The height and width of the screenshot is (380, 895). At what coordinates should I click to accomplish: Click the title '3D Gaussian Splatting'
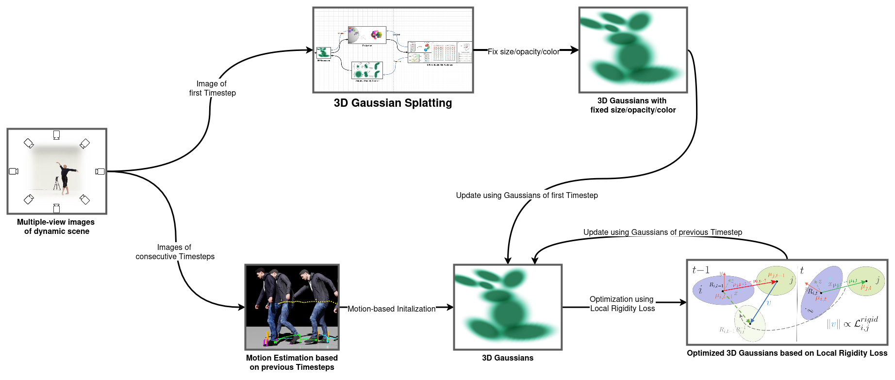pos(393,103)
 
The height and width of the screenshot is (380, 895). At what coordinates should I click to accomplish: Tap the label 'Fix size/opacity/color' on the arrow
pos(523,51)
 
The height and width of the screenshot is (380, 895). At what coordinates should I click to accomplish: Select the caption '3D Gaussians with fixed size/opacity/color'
pos(632,105)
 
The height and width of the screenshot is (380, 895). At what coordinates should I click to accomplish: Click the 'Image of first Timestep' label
pos(212,88)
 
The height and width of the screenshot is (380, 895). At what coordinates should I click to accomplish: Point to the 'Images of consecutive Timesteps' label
pos(175,252)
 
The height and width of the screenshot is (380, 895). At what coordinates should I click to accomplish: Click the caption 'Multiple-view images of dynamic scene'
pos(56,227)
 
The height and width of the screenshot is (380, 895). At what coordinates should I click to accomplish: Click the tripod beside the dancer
pos(57,184)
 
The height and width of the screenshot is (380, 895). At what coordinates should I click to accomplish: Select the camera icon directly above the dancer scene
pos(56,135)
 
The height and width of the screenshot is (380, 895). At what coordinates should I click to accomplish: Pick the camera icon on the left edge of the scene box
pos(14,171)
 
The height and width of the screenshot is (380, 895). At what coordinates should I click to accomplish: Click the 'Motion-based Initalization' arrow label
pos(391,309)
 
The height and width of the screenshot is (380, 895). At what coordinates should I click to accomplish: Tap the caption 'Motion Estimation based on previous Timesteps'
pos(292,363)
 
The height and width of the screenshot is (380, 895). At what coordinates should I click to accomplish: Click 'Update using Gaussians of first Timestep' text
pos(527,195)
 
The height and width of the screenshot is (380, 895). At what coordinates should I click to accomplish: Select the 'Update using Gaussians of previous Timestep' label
pos(663,232)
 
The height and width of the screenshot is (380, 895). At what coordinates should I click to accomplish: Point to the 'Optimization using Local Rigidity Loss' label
pos(622,304)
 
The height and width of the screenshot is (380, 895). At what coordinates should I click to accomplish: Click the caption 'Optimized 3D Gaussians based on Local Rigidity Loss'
pos(787,353)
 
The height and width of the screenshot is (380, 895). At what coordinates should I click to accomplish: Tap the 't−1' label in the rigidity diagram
pos(700,270)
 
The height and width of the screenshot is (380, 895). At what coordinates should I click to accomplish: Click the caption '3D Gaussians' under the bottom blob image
pos(507,358)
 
